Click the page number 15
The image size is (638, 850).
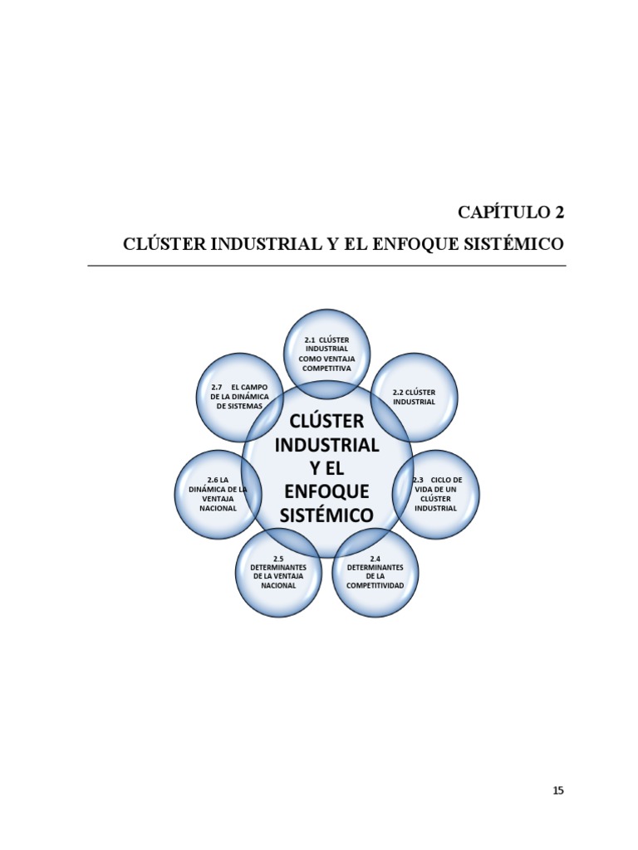click(558, 791)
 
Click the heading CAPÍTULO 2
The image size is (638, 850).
click(511, 212)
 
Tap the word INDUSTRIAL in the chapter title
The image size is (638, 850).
click(255, 244)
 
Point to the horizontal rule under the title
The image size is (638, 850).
click(326, 266)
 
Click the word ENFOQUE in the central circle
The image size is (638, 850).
click(326, 491)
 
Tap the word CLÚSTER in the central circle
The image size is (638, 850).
click(326, 421)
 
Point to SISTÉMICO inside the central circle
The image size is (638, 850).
click(326, 515)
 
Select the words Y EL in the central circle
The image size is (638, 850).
click(326, 468)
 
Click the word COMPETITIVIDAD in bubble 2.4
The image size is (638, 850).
click(375, 586)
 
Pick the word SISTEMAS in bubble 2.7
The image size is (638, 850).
click(239, 406)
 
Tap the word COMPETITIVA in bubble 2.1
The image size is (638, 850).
click(326, 368)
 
